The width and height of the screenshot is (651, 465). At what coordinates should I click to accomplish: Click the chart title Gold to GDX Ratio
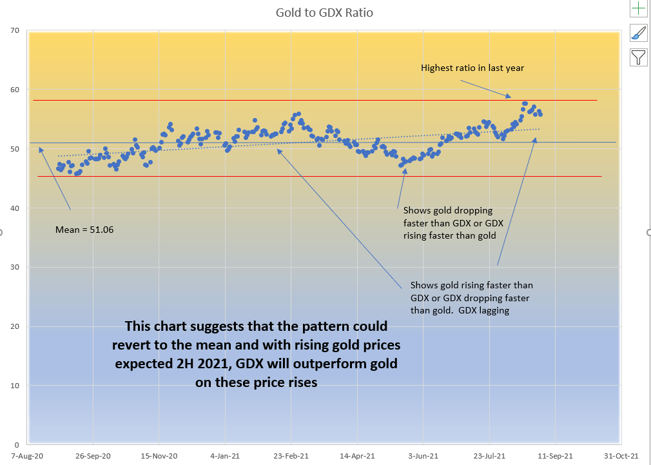tap(324, 13)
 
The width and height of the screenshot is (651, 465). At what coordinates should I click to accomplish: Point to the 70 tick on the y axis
tap(15, 30)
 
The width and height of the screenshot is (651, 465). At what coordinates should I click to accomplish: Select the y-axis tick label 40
tap(15, 208)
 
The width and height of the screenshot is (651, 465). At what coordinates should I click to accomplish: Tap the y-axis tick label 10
tap(15, 386)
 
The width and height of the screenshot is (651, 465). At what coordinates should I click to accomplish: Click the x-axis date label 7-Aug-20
tap(27, 455)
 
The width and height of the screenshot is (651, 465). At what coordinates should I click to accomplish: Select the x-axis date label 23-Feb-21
tap(291, 455)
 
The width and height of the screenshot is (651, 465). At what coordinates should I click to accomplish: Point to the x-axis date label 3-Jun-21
tap(423, 455)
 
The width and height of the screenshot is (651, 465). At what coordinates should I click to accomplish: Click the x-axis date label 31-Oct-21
tap(621, 455)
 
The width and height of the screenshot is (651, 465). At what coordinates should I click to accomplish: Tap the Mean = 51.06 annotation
tap(84, 229)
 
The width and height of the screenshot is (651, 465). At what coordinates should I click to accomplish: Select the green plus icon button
tap(638, 8)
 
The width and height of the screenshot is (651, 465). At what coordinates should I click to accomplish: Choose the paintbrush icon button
tap(638, 33)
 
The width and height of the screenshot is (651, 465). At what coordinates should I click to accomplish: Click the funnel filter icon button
tap(638, 58)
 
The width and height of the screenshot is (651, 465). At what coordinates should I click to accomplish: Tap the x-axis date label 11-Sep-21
tap(555, 455)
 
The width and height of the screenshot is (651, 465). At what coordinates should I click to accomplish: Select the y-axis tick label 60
tap(15, 90)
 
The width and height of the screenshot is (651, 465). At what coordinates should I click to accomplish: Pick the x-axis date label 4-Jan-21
tap(224, 455)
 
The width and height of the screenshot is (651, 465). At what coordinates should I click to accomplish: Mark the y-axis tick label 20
tap(15, 326)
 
